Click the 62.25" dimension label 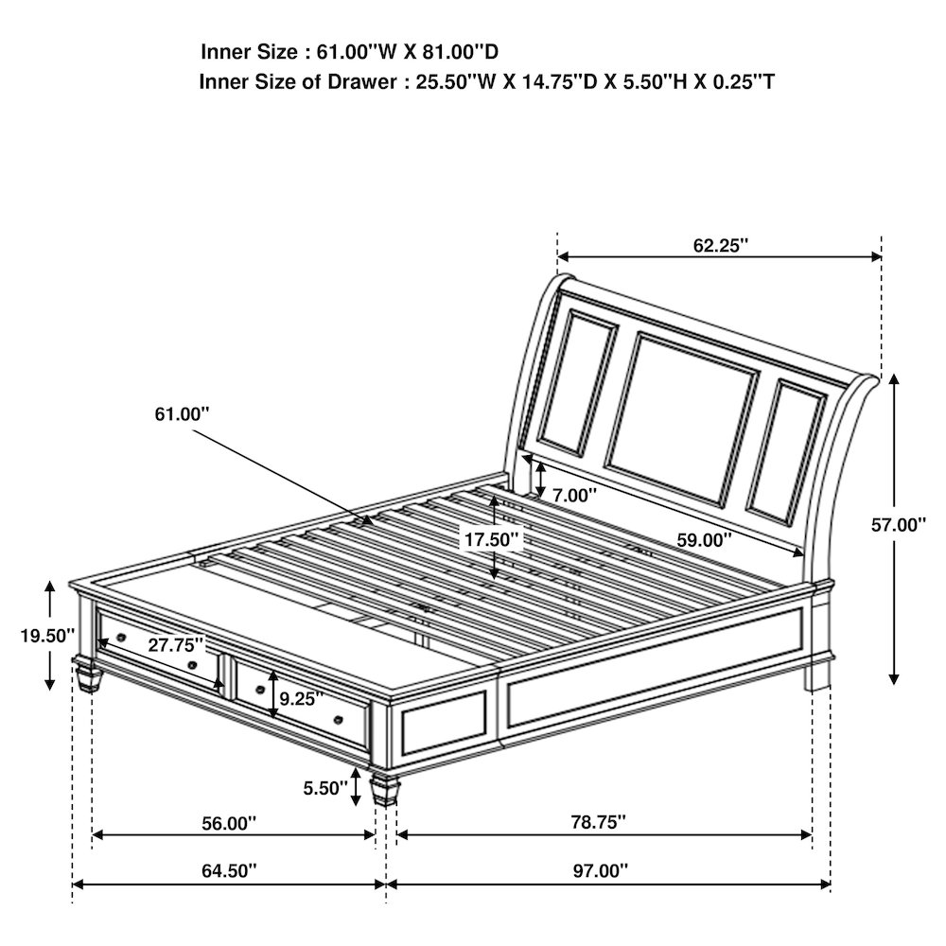pyautogui.click(x=720, y=246)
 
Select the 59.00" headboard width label pyautogui.click(x=704, y=540)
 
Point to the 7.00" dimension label pyautogui.click(x=574, y=496)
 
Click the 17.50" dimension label pyautogui.click(x=491, y=539)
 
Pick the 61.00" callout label pyautogui.click(x=183, y=414)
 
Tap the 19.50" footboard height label pyautogui.click(x=47, y=636)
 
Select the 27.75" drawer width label pyautogui.click(x=176, y=645)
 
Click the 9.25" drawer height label pyautogui.click(x=302, y=699)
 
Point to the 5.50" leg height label pyautogui.click(x=325, y=788)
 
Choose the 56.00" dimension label pyautogui.click(x=229, y=823)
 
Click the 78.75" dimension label pyautogui.click(x=599, y=822)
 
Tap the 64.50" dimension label pyautogui.click(x=229, y=870)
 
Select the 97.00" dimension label pyautogui.click(x=601, y=870)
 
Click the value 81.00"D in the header pyautogui.click(x=461, y=52)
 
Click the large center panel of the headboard pyautogui.click(x=682, y=419)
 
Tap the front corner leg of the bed pyautogui.click(x=385, y=789)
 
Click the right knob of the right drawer pyautogui.click(x=339, y=719)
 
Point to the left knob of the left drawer pyautogui.click(x=121, y=637)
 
